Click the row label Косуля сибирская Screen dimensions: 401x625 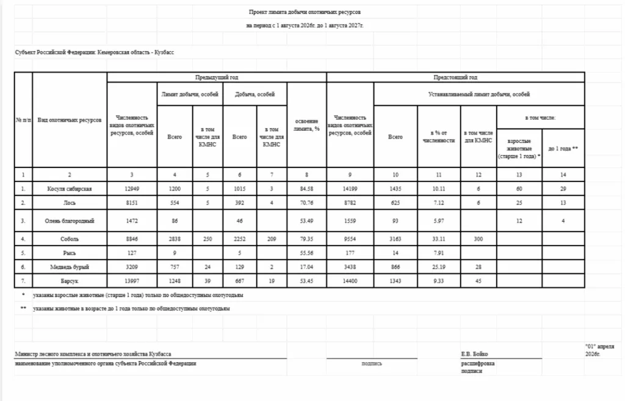[70, 189]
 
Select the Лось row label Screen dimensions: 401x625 [70, 202]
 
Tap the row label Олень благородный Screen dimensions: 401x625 [70, 220]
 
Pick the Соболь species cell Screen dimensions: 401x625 [70, 239]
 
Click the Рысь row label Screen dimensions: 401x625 [70, 252]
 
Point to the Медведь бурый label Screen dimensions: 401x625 [70, 267]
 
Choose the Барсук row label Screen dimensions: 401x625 [70, 281]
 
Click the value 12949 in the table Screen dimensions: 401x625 [132, 189]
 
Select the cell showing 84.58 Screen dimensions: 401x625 [306, 189]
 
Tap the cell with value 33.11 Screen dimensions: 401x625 [439, 239]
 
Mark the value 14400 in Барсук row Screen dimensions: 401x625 [350, 281]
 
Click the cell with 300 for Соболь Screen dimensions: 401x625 [479, 239]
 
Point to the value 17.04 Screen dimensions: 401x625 [306, 267]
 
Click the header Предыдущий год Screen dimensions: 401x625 [217, 78]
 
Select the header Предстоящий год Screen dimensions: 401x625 [455, 78]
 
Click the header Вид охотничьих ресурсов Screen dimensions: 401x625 [70, 120]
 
